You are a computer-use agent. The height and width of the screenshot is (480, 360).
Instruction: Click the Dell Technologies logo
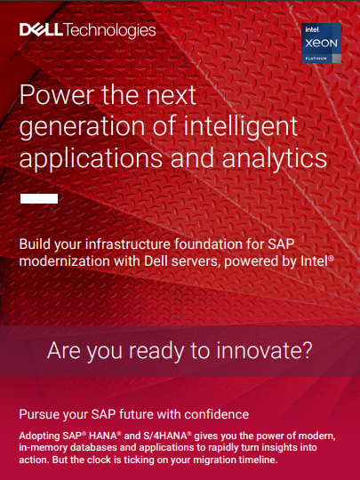point(87,30)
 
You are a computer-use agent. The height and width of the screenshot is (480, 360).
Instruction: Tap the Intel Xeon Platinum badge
point(321,44)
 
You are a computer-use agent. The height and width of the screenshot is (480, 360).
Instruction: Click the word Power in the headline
point(57,94)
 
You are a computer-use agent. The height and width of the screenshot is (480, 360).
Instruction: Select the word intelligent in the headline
point(240,126)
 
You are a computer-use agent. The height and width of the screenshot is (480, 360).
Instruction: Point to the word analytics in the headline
point(275,158)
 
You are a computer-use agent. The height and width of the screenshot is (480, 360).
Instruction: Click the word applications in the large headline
point(91,158)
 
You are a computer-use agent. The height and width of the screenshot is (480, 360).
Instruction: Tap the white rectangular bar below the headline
point(39,198)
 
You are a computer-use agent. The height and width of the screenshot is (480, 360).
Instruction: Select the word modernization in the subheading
point(64,261)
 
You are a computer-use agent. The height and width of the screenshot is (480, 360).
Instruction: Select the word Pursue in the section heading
point(39,414)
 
